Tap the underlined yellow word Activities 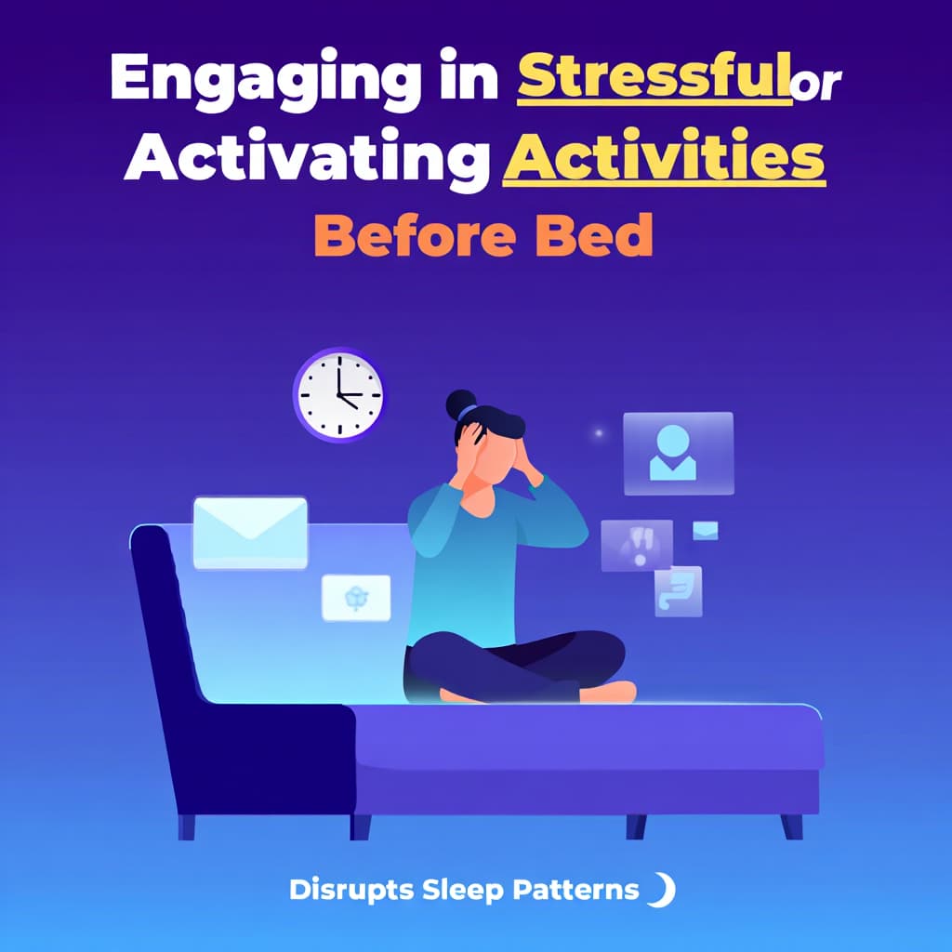(x=664, y=159)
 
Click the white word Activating (x=307, y=159)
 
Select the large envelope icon (x=250, y=532)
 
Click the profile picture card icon (x=678, y=454)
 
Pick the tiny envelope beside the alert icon (x=706, y=530)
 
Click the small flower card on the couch (x=356, y=598)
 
